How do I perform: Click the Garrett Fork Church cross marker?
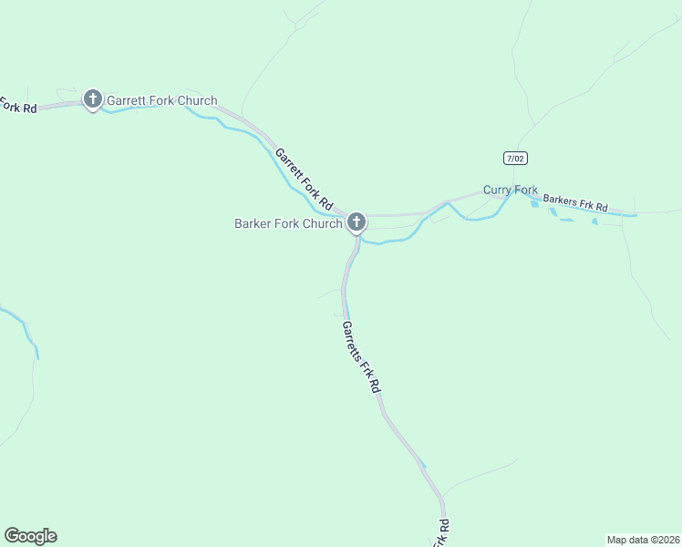[x=92, y=98]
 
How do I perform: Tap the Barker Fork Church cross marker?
[x=356, y=222]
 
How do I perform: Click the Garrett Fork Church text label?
[x=162, y=100]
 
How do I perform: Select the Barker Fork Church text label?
[x=288, y=223]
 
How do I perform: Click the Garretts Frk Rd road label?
[x=361, y=356]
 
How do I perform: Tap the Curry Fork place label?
[x=511, y=190]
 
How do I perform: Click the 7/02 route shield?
[x=515, y=159]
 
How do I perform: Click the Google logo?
[x=30, y=536]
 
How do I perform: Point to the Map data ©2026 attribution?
[x=643, y=539]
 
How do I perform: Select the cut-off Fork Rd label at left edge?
[x=17, y=106]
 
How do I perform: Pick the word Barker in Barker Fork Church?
[x=254, y=223]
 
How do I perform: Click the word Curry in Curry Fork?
[x=498, y=190]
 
